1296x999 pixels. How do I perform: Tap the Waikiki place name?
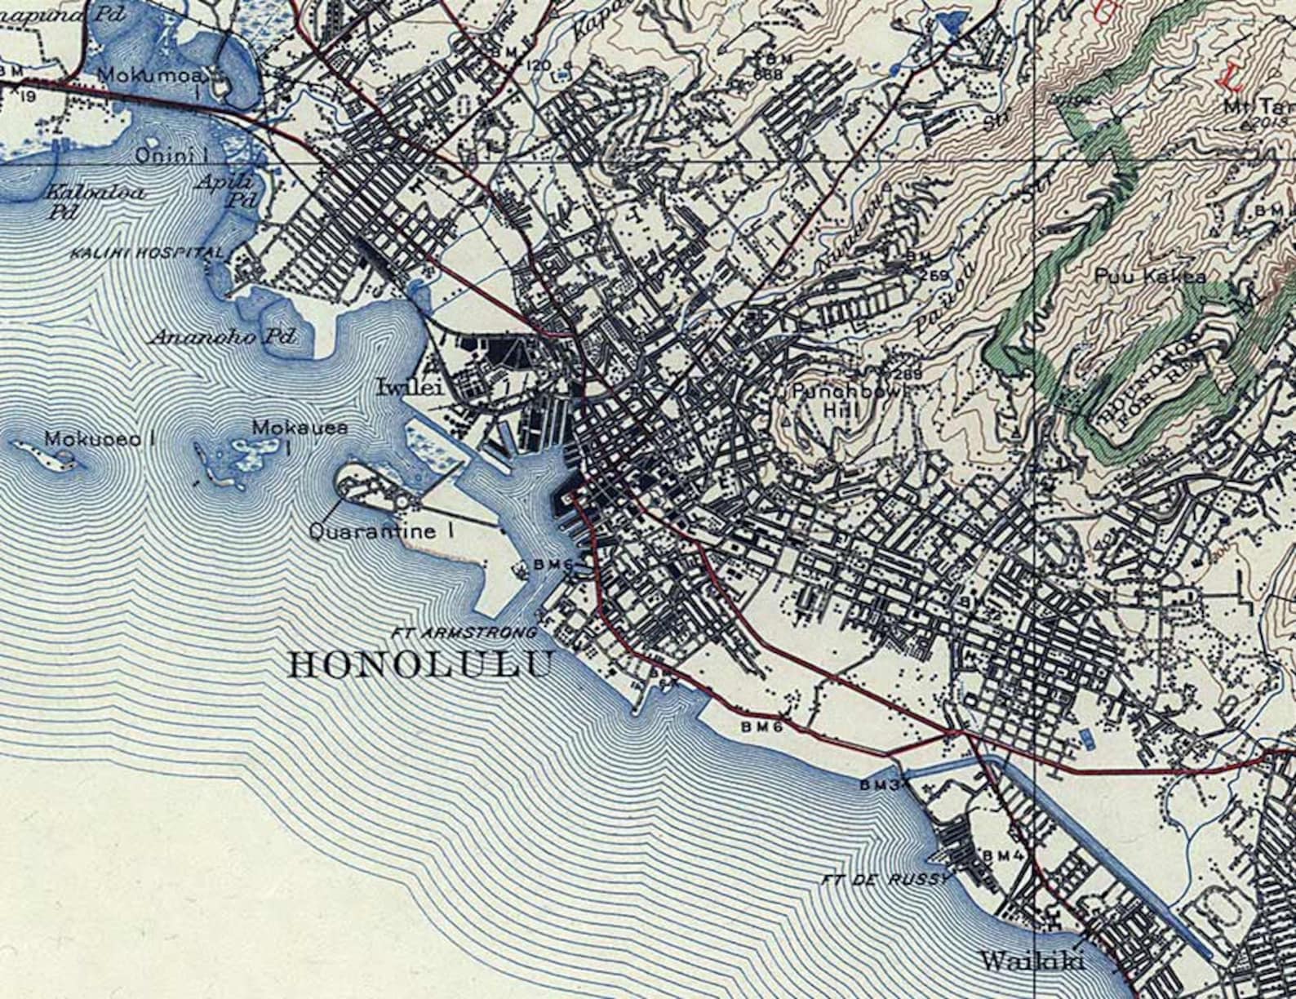click(x=1032, y=961)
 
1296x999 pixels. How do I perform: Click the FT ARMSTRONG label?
click(x=464, y=633)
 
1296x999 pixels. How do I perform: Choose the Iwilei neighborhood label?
click(x=410, y=387)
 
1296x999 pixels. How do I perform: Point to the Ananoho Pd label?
click(x=222, y=337)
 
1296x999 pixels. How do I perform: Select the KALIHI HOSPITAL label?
click(x=147, y=252)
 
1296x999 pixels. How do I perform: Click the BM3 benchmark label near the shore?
click(x=879, y=784)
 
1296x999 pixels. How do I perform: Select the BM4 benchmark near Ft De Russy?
click(x=1003, y=855)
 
